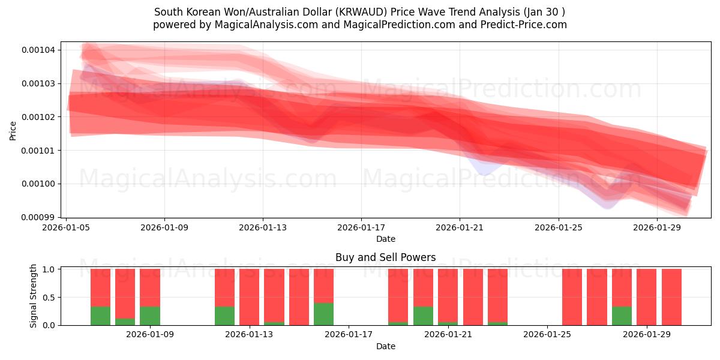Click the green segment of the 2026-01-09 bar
[x=150, y=316]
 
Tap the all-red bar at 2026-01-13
[x=249, y=297]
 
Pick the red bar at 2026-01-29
[x=647, y=297]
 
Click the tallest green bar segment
[x=323, y=314]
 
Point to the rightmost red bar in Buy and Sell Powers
[x=671, y=297]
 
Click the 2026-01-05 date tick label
[x=66, y=227]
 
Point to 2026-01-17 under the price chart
[x=361, y=227]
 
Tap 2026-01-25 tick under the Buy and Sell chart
[x=547, y=334]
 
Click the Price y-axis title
[x=13, y=130]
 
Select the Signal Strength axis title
[x=34, y=296]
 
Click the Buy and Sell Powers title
[x=385, y=257]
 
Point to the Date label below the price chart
[x=385, y=239]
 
